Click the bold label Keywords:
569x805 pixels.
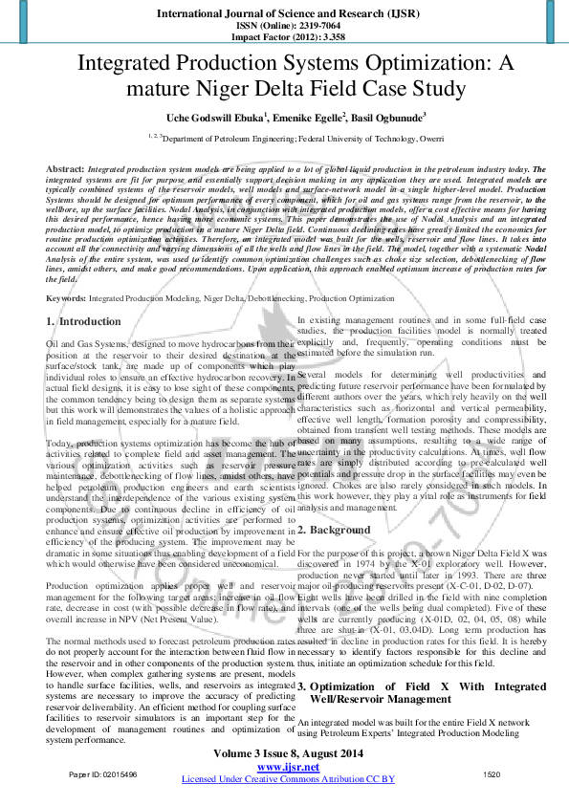[x=67, y=299]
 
